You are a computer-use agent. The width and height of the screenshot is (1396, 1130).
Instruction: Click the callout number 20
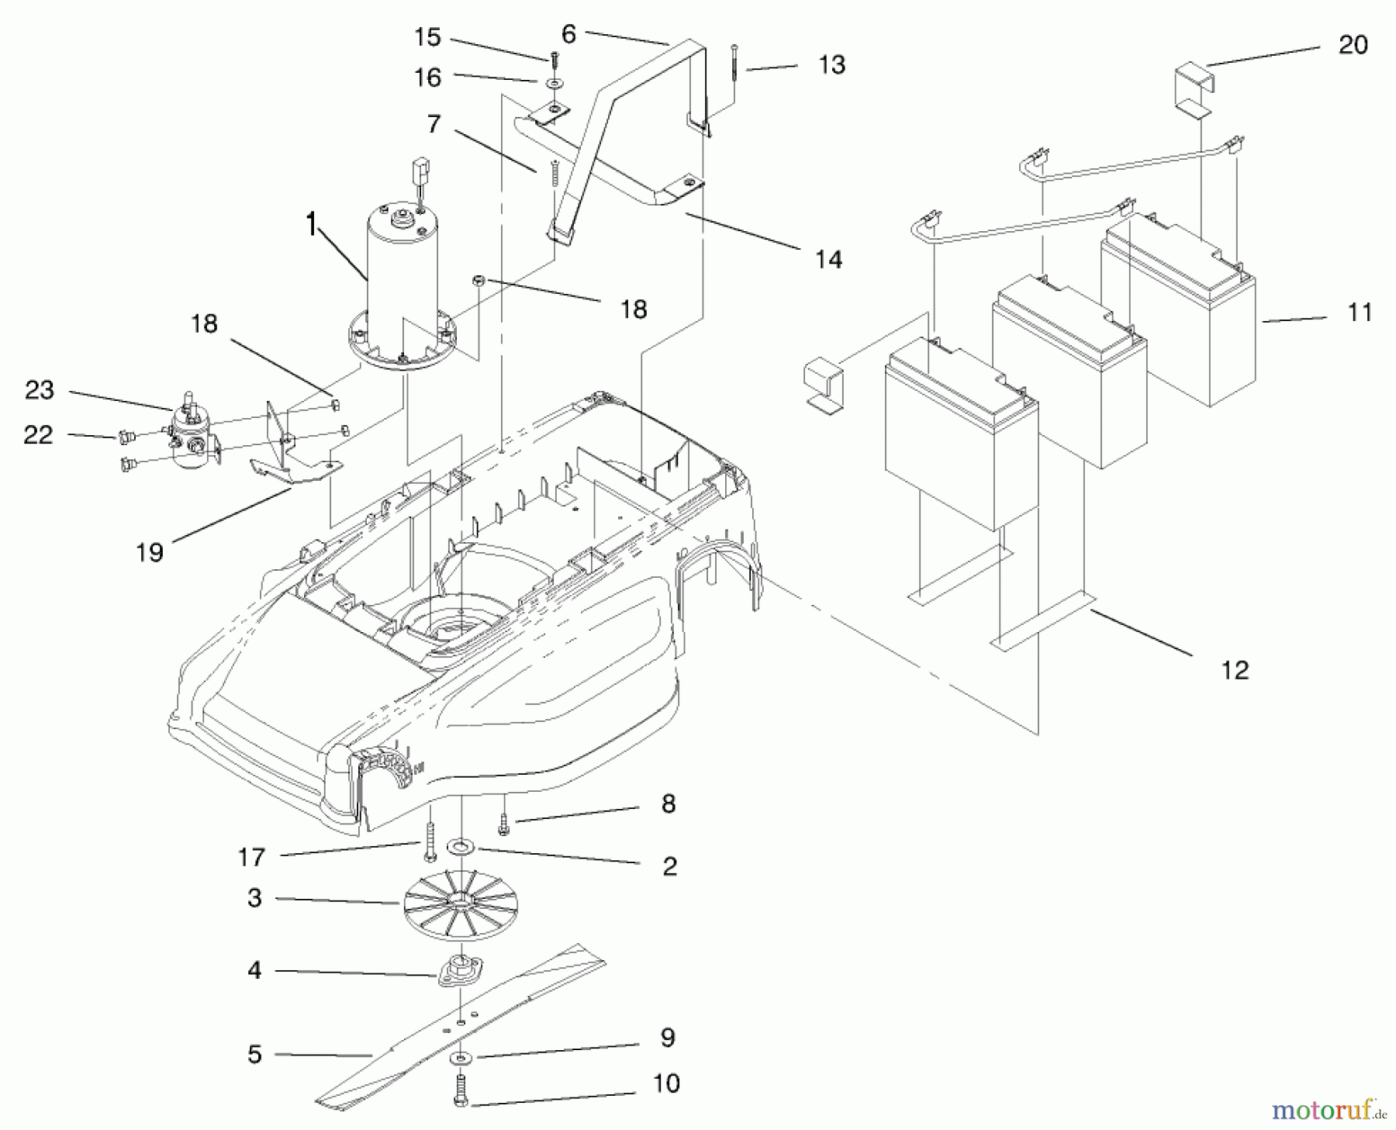[x=1353, y=45]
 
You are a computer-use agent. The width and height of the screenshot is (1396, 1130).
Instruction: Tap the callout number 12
[x=1235, y=669]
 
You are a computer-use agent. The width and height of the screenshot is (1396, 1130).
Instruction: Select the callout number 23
[x=40, y=389]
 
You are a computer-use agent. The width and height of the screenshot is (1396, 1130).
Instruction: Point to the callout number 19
[x=150, y=552]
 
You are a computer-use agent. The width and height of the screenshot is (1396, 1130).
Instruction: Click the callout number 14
[x=828, y=259]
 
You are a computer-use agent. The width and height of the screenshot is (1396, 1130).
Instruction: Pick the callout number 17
[x=251, y=857]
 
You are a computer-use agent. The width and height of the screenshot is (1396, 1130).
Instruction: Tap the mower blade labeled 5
[x=465, y=1024]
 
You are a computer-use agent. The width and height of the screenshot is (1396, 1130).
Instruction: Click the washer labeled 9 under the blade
[x=462, y=1059]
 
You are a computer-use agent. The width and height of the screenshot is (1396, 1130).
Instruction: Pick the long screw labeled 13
[x=733, y=74]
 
